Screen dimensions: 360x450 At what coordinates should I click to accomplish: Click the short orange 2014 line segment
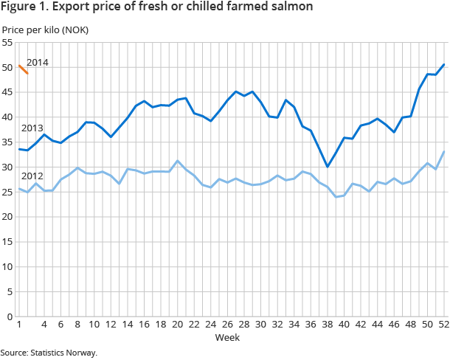24,70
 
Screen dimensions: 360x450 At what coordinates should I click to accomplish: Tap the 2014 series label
38,63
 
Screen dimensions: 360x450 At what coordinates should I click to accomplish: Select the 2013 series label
32,128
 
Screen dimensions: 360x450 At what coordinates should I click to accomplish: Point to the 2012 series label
32,176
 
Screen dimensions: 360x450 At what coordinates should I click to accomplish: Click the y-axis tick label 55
8,43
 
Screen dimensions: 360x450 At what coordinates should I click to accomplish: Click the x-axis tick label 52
443,325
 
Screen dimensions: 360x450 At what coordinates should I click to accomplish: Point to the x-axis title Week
226,337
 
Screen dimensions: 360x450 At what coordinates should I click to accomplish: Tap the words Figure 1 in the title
24,7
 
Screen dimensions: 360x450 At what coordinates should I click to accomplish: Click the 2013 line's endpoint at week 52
443,64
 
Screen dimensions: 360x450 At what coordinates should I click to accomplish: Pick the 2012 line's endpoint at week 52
443,152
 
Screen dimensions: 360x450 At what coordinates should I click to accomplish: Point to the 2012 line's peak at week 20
177,161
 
